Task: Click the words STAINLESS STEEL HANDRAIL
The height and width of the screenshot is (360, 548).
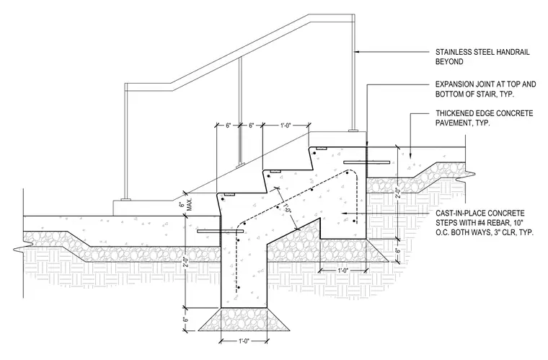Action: coord(482,52)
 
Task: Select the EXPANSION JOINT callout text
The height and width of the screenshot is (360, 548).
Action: coord(485,89)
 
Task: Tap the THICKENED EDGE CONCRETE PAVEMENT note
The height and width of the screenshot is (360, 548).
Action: coord(484,118)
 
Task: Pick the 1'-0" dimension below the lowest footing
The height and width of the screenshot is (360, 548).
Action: coord(244,341)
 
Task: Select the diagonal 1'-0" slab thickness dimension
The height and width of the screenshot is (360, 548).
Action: coord(287,208)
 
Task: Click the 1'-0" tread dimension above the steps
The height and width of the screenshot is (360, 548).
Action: coord(286,125)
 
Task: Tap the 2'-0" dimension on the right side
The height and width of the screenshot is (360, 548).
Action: coord(397,193)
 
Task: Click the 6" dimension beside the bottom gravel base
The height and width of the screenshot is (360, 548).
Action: coord(186,319)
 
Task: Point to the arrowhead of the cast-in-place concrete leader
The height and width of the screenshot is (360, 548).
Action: coord(344,213)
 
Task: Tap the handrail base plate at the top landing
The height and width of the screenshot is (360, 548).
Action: coord(354,131)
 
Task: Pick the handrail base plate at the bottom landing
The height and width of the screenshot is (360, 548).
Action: coord(125,200)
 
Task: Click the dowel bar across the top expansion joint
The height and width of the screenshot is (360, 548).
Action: coord(366,162)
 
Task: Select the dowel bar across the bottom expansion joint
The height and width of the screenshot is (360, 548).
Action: coord(220,231)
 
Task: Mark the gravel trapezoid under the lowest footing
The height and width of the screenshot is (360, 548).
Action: coord(244,319)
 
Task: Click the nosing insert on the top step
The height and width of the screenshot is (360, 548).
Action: coord(321,148)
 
